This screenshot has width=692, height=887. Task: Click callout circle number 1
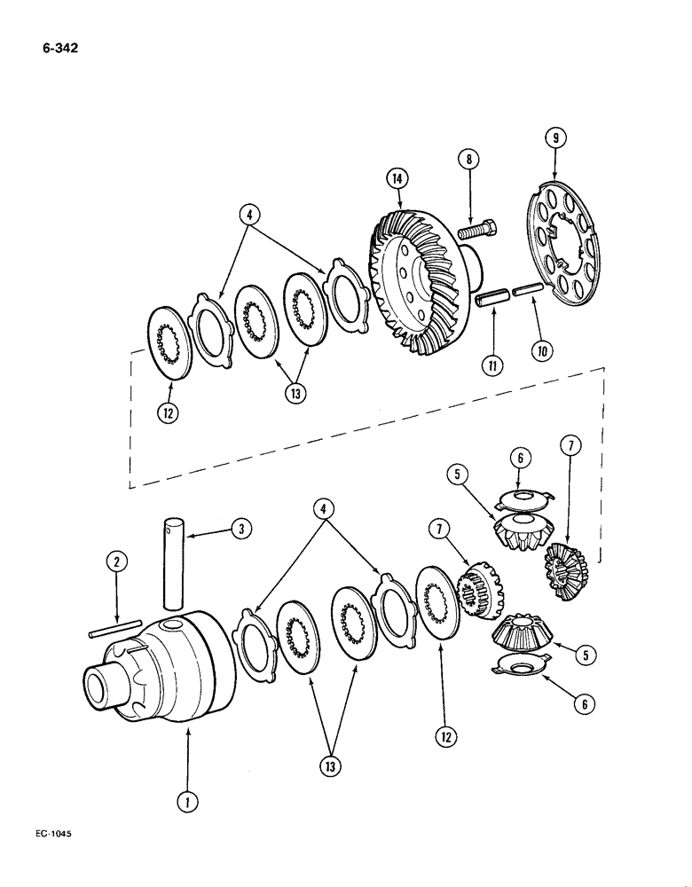point(187,803)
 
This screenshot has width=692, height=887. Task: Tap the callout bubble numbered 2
point(114,561)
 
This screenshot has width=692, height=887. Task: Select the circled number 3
point(238,530)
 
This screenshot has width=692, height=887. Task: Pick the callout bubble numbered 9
point(554,137)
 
